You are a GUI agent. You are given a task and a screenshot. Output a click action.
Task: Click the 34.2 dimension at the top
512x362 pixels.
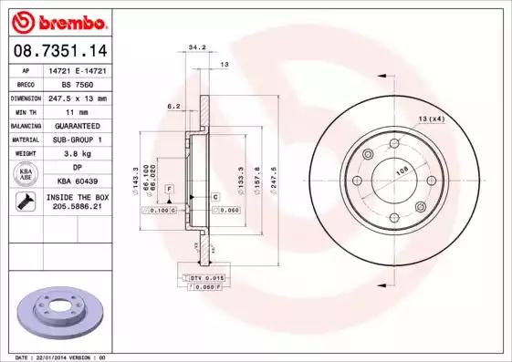pos(195,46)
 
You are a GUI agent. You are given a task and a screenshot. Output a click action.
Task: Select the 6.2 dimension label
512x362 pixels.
pos(172,106)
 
